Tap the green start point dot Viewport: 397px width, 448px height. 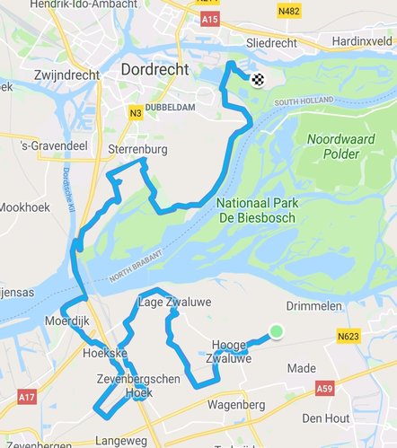pos(276,332)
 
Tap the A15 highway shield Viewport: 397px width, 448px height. pos(209,17)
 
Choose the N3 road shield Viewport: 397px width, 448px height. pos(135,112)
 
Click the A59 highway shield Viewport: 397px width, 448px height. pos(325,389)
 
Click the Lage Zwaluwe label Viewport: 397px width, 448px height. pos(175,303)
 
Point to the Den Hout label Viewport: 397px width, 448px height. pos(325,418)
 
